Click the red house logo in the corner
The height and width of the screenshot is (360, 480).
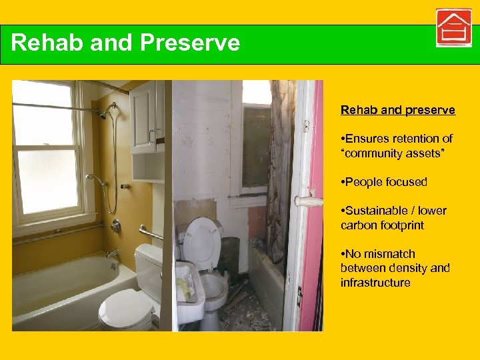click(x=454, y=28)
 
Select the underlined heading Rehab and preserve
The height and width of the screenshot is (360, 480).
click(x=397, y=110)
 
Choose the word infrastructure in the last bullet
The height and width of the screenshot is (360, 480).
click(x=375, y=283)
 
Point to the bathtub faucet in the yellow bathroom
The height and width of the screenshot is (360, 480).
click(x=113, y=253)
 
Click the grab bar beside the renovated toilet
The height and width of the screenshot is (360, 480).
click(x=151, y=233)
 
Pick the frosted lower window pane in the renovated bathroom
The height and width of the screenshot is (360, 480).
click(x=46, y=182)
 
